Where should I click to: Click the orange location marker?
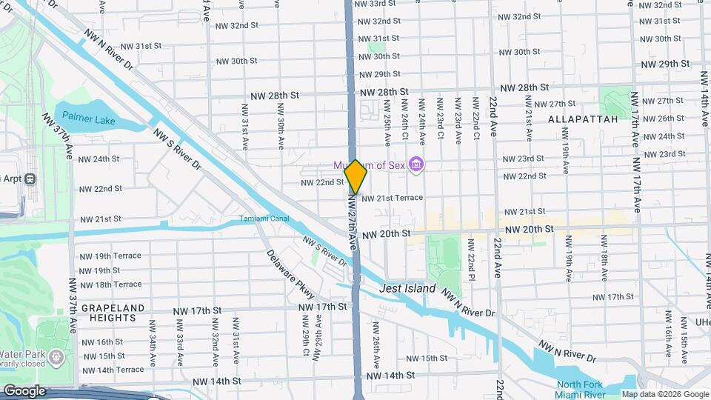(355, 177)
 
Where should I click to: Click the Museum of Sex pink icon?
(416, 164)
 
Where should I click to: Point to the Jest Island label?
(408, 288)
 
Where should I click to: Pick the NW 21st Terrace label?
(393, 198)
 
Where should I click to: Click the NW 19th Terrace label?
(110, 256)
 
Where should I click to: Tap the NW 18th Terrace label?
(110, 284)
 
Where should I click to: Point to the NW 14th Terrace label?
(113, 370)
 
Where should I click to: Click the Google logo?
(24, 390)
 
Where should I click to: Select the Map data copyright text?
(665, 394)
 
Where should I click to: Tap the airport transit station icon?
(30, 179)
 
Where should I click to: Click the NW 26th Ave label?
(375, 348)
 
